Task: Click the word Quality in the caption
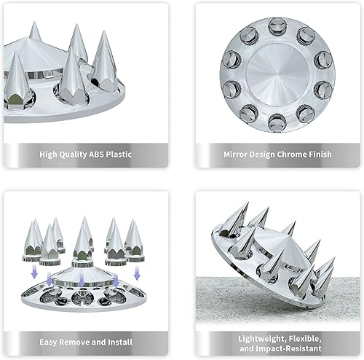click(82, 154)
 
